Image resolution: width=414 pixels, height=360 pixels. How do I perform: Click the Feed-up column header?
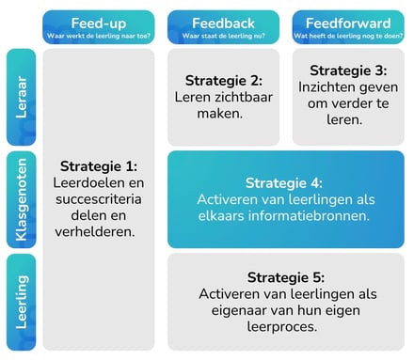tap(99, 23)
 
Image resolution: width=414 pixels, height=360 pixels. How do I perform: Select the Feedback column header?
tap(223, 23)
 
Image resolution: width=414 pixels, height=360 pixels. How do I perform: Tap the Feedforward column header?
tap(347, 23)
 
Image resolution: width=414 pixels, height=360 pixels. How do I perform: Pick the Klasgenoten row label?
tap(21, 200)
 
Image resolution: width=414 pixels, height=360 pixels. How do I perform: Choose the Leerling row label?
tap(21, 302)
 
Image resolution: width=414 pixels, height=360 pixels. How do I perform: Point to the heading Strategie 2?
tap(223, 80)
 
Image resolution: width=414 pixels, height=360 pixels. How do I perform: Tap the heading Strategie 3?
tap(347, 70)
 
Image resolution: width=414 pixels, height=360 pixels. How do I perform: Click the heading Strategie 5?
tap(285, 277)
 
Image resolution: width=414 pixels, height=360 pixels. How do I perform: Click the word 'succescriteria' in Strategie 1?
tap(99, 198)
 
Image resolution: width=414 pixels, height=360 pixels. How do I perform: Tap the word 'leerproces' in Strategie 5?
tap(285, 327)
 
